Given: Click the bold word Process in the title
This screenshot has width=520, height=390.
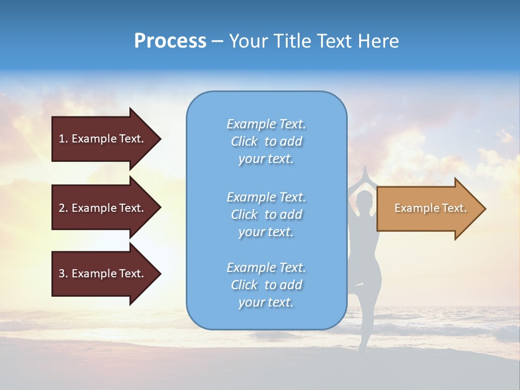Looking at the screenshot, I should [x=170, y=41].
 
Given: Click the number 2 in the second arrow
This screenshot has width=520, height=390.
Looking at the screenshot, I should [x=62, y=208].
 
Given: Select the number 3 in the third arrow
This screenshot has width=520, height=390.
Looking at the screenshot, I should [x=62, y=274].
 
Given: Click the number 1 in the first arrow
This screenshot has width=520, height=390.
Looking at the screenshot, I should [x=62, y=139].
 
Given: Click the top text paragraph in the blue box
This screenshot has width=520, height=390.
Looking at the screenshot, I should [x=266, y=141].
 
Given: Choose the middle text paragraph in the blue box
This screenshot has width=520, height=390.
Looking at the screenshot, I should [x=266, y=214].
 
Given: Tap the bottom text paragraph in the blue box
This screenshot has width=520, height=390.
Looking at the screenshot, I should [x=266, y=285].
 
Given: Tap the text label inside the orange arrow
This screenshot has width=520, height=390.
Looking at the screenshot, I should [x=430, y=208].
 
